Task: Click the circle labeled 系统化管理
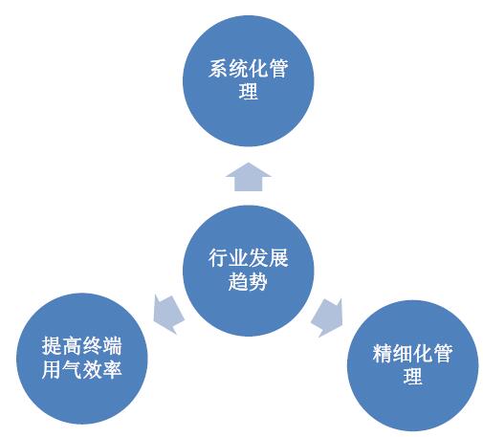coord(248,81)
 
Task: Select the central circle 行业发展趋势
coord(248,271)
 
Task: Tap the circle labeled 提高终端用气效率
coord(82,359)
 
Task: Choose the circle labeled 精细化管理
coord(412,365)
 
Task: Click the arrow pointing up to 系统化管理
coord(248,177)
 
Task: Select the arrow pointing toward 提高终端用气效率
coord(168,315)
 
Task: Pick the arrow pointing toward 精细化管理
coord(327,317)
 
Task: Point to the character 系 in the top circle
coord(218,68)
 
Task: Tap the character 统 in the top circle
coord(238,68)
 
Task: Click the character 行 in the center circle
coord(218,258)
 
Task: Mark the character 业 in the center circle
coord(238,258)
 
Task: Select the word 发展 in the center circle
coord(269,258)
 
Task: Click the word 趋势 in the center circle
coord(248,281)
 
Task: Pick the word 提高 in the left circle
coord(61,346)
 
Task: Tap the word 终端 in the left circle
coord(101,346)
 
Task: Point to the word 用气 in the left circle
coord(61,370)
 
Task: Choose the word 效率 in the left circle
coord(101,370)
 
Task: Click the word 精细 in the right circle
coord(392,353)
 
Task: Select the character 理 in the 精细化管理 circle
coord(412,377)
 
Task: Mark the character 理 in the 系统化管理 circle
coord(248,92)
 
